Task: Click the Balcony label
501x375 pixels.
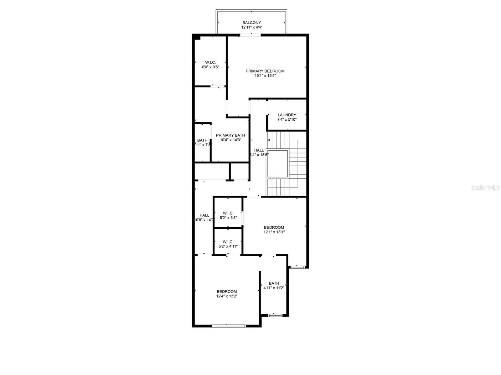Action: click(x=251, y=23)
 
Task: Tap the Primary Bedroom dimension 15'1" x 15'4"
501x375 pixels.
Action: click(x=265, y=76)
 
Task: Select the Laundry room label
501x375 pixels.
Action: click(x=287, y=115)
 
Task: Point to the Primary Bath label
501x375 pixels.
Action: click(x=230, y=135)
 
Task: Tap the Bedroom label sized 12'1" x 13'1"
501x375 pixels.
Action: click(x=274, y=227)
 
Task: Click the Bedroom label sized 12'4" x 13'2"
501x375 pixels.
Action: click(x=227, y=292)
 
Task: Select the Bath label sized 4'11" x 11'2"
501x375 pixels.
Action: click(x=274, y=283)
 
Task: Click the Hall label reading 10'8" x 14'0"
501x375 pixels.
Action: click(x=204, y=215)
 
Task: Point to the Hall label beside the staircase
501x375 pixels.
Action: click(x=259, y=150)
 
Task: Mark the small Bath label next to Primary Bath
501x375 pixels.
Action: click(x=202, y=141)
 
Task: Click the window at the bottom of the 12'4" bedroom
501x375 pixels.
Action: click(x=229, y=326)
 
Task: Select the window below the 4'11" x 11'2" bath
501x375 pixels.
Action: click(x=275, y=315)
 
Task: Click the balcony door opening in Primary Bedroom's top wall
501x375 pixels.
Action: click(x=250, y=35)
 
